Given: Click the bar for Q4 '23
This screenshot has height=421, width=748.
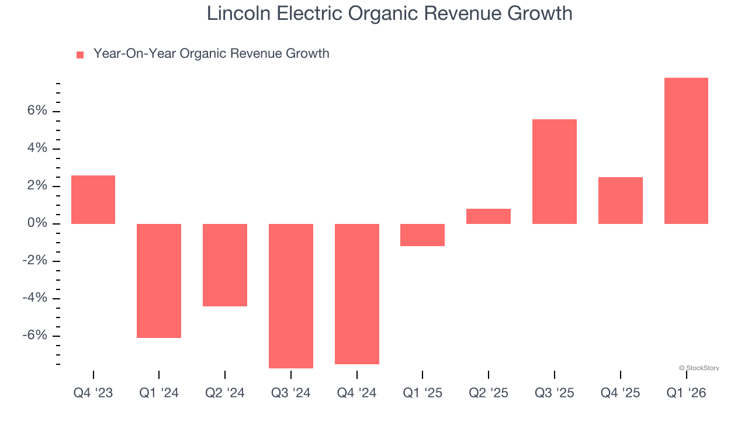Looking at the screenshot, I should point(93,199).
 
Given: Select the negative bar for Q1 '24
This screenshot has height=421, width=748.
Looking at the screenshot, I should point(159,281).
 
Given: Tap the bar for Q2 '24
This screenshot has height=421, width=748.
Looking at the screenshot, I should point(225,265).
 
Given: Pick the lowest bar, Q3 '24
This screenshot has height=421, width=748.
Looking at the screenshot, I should point(291,296).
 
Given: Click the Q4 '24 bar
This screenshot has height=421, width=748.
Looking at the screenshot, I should point(357,294).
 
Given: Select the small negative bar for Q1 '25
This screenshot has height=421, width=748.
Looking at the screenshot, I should point(423,235).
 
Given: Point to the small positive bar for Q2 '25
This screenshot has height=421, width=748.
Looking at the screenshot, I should point(489,216).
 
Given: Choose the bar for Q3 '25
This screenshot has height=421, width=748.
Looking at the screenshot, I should point(555,171).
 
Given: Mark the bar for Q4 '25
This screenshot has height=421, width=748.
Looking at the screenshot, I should point(621,201).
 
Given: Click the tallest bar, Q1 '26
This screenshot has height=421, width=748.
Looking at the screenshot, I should point(686,151).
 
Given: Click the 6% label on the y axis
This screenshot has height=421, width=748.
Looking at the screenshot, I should point(34,111).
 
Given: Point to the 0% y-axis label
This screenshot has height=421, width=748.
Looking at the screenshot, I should point(34,223).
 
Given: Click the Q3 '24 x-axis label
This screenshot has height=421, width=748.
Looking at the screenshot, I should point(291,394).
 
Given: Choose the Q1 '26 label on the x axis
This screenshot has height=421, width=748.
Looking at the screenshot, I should point(686,394).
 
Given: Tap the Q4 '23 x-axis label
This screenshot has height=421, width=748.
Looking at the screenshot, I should point(93,394).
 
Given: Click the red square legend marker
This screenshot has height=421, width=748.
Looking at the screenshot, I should point(80,55).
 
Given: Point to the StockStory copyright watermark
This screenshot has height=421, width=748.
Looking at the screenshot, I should point(699,368).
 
